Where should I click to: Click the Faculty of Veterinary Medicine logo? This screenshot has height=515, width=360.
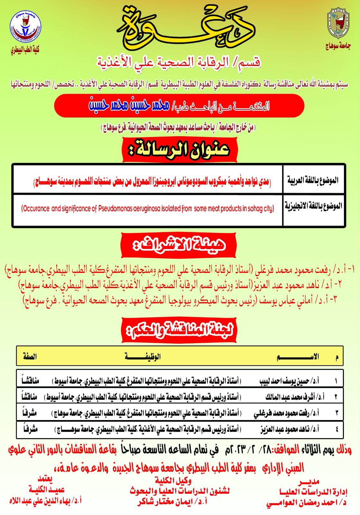(25, 28)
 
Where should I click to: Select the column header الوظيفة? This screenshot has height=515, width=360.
(143, 356)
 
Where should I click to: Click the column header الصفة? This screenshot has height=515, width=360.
(30, 356)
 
